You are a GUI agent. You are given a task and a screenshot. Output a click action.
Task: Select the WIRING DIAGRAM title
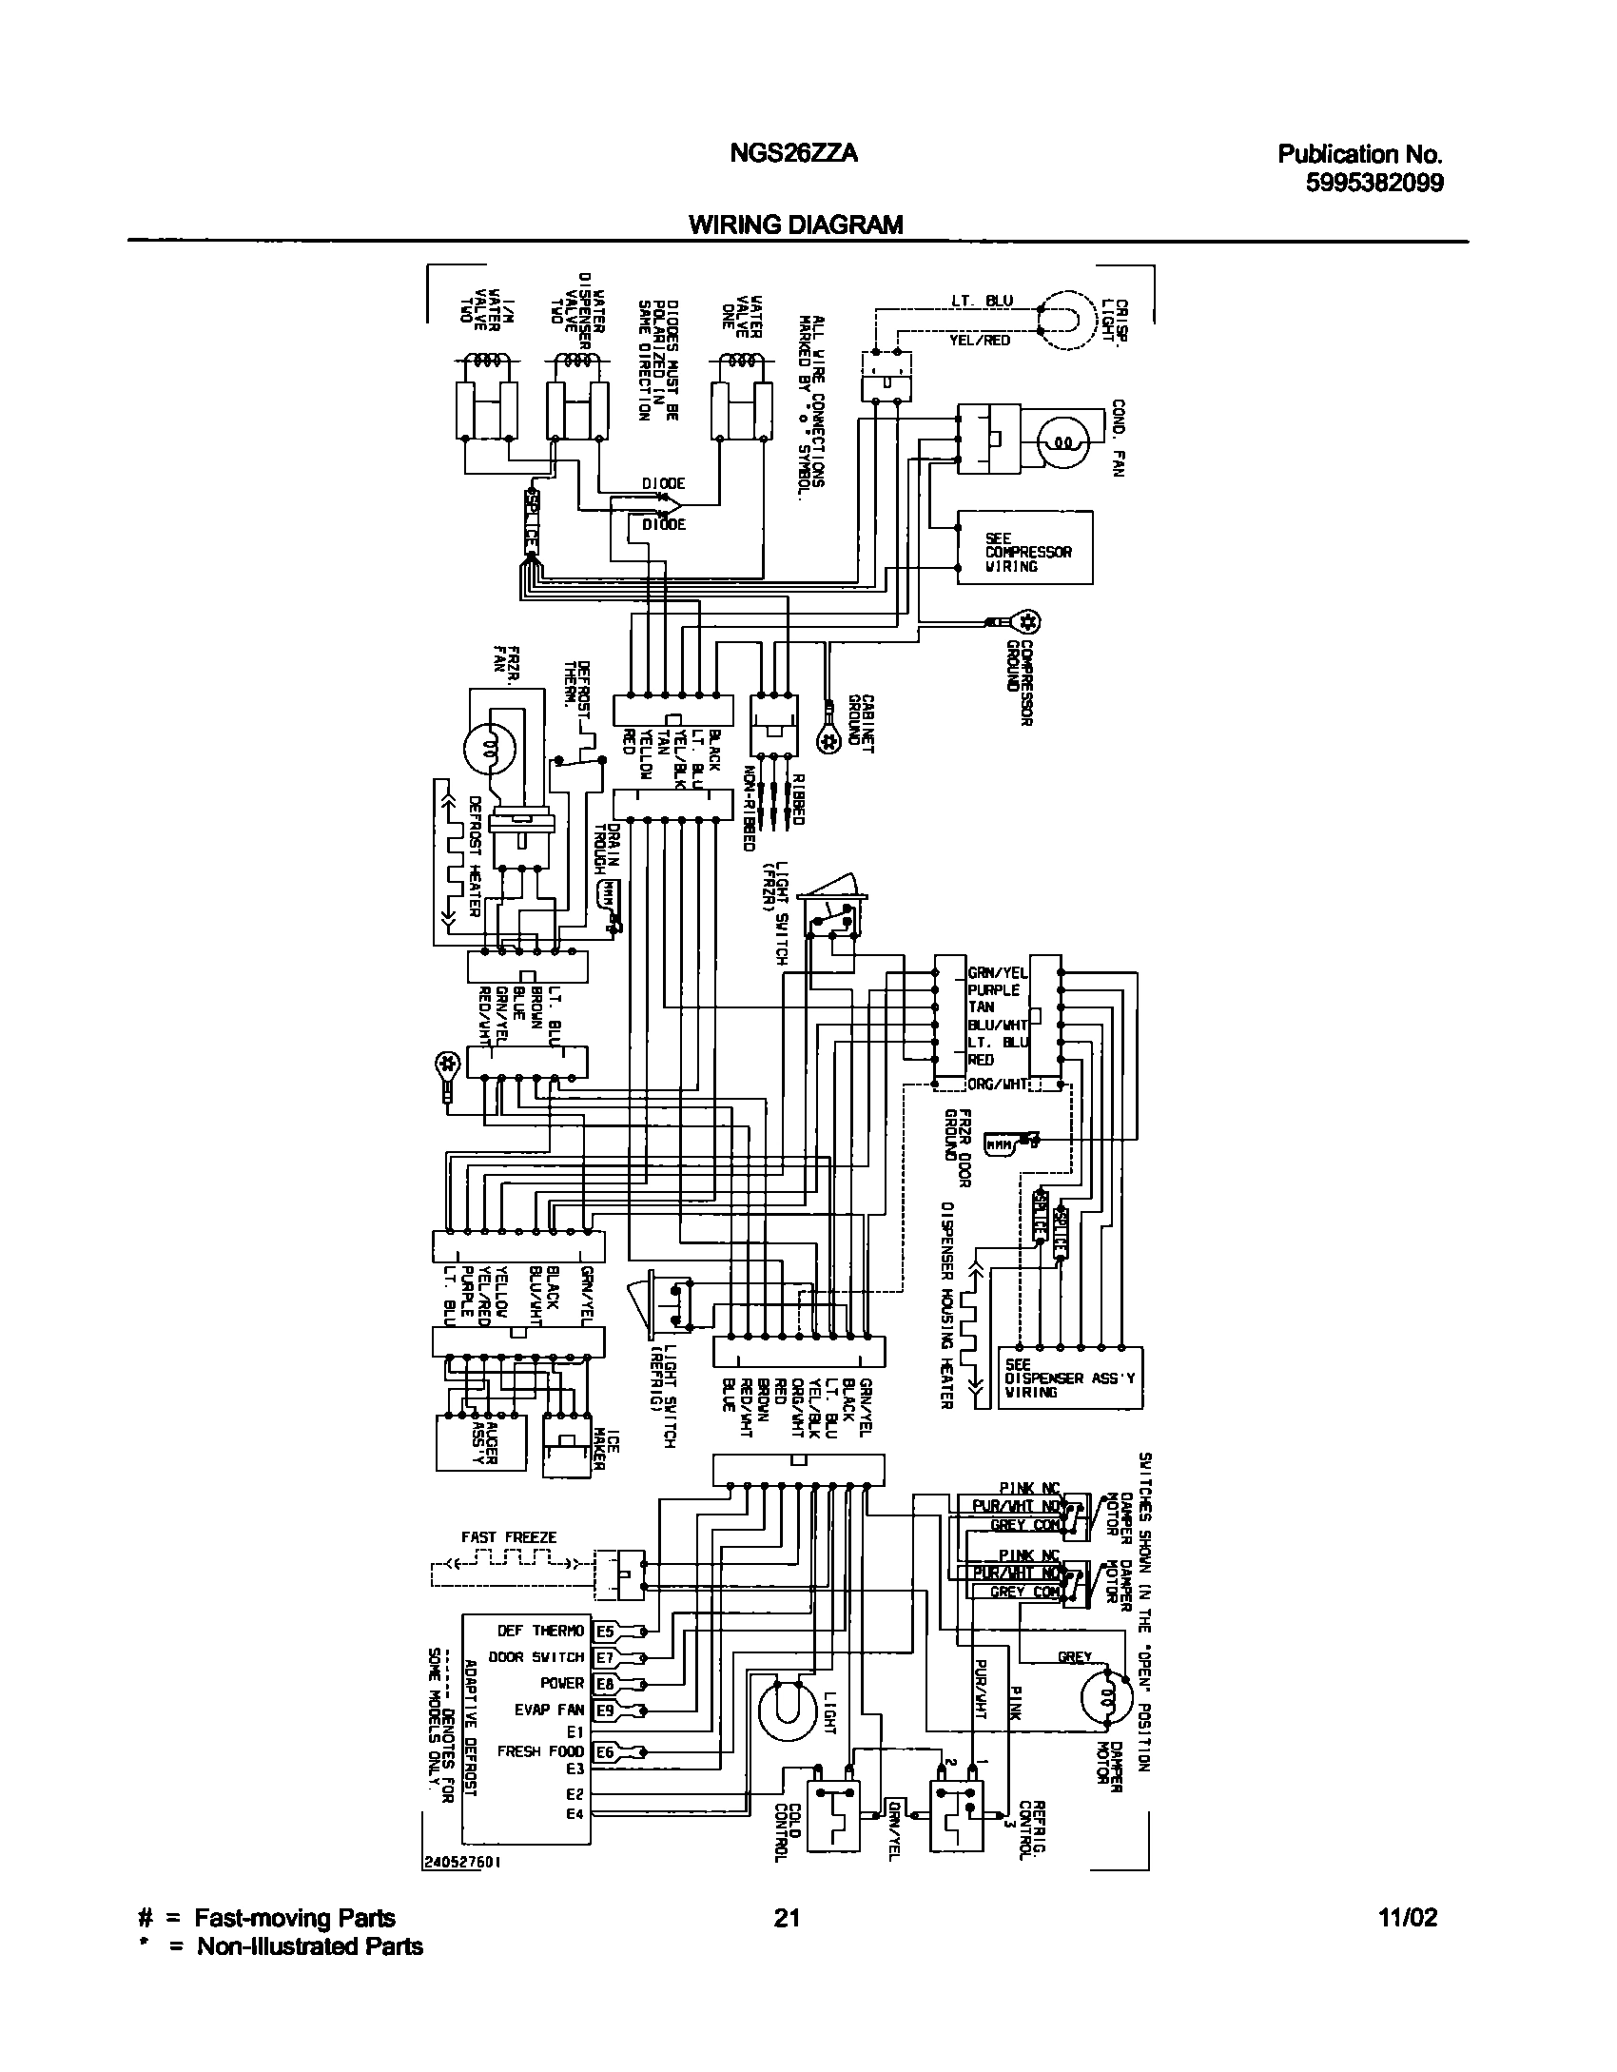795,225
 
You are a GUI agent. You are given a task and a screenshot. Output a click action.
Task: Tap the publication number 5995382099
1373,183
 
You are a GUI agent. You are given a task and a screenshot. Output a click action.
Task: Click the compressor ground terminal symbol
1026,622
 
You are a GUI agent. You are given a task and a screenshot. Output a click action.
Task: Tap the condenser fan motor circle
1064,441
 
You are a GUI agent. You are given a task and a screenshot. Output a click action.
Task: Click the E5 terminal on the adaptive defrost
604,1632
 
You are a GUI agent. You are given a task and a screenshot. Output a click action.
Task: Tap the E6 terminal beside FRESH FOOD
604,1751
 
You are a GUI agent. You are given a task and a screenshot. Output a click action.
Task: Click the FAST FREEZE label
509,1536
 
